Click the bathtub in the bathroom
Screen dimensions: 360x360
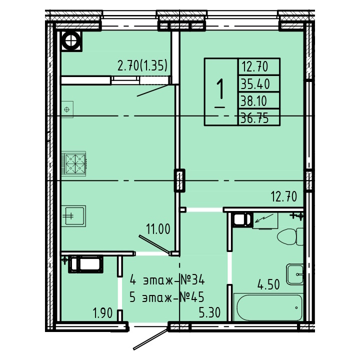click(268, 307)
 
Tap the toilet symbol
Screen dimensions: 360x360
click(290, 236)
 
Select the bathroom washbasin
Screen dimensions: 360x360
click(295, 274)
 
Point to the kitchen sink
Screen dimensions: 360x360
click(73, 216)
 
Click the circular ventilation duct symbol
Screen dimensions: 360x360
click(71, 41)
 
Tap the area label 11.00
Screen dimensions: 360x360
click(158, 229)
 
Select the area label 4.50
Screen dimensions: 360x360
click(268, 284)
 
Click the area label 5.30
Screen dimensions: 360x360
click(209, 312)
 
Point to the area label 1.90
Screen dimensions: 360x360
click(102, 312)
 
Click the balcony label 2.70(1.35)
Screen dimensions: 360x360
click(142, 66)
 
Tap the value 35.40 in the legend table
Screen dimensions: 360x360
click(255, 83)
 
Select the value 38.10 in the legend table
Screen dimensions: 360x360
click(253, 100)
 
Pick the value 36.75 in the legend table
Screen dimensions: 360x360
click(254, 118)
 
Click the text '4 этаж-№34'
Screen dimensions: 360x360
click(167, 280)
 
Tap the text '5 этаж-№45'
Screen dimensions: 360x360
click(167, 297)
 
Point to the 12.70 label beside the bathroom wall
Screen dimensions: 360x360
click(284, 197)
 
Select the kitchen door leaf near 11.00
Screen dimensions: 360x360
click(154, 244)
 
